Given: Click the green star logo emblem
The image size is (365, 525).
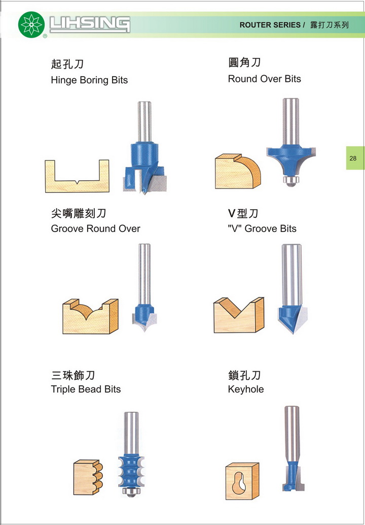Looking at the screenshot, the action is pos(31,24).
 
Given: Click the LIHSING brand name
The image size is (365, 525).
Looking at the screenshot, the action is pos(90,25).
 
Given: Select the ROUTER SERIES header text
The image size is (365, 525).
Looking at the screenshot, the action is pos(270,25).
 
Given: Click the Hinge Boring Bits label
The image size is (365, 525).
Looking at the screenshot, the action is pos(89,80).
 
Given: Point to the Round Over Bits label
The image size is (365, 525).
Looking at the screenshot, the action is pos(265,79).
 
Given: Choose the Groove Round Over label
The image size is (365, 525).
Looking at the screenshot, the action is pos(96,228).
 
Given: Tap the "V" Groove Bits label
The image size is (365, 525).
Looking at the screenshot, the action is pos(262,228).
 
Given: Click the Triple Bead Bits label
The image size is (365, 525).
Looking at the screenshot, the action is pos(86,389).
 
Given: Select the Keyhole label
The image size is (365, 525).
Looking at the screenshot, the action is pos(246,389).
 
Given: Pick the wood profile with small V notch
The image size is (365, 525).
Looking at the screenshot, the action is pos(77,176).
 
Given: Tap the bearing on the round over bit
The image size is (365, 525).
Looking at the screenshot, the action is pos(291,180).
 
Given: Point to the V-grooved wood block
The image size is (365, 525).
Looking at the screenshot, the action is pos(239,315).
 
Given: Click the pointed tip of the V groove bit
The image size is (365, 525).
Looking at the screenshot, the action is pos(293,333).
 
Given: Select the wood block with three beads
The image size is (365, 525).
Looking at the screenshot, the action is pos(88,477).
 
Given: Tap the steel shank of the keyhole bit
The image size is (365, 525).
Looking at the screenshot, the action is pos(292,434).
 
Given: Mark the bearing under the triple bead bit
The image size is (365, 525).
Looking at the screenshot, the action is pos(131,492).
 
